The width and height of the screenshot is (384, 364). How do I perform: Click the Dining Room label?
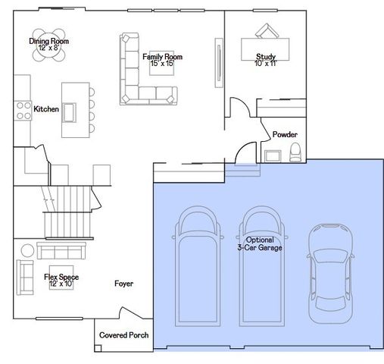(x=48, y=41)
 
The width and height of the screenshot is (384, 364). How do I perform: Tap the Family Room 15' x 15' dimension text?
(x=162, y=63)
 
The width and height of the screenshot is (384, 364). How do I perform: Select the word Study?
(x=266, y=57)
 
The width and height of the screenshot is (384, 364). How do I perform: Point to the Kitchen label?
(x=46, y=109)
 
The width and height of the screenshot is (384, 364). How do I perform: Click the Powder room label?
(x=285, y=134)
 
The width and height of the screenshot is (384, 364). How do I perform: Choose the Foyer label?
(x=123, y=284)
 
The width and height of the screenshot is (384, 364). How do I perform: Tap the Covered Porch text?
(x=123, y=335)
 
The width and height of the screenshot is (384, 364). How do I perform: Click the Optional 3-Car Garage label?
(x=260, y=243)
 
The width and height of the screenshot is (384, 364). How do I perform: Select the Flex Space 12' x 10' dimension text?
(x=61, y=284)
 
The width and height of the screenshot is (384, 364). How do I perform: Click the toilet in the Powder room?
(x=295, y=152)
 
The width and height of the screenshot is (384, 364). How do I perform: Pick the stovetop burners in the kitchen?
(x=23, y=111)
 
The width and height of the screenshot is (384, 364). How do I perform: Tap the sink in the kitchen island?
(x=69, y=112)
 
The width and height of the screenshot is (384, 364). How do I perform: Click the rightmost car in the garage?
(x=330, y=274)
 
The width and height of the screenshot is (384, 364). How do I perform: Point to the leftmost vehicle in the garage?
(x=198, y=266)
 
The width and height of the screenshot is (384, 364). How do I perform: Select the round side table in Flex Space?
(x=27, y=250)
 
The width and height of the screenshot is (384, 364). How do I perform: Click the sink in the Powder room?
(x=273, y=155)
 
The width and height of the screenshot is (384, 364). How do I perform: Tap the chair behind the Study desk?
(x=267, y=31)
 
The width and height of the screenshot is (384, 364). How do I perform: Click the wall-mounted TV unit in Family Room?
(x=219, y=63)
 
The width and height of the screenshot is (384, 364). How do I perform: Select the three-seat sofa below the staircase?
(x=61, y=251)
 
